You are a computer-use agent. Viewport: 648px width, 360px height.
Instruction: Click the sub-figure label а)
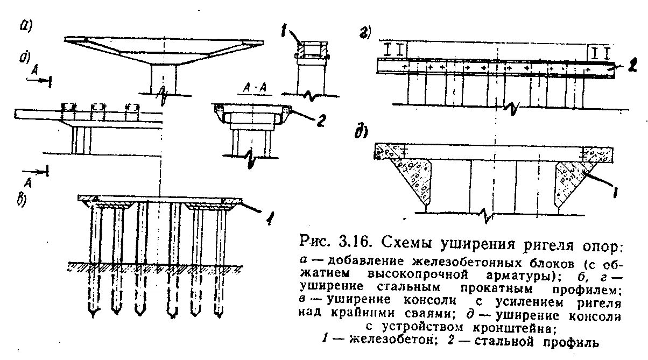[x=25, y=26]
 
